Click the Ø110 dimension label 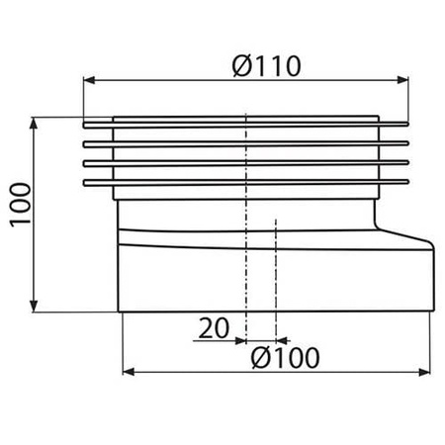(x=266, y=66)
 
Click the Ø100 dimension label (x=285, y=358)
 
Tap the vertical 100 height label (x=21, y=205)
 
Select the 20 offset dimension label (x=214, y=328)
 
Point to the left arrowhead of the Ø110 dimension (x=89, y=80)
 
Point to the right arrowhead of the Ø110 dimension (x=402, y=80)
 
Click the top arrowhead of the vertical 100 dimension (x=34, y=124)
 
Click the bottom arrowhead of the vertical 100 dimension (x=34, y=306)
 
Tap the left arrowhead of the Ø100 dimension (x=129, y=372)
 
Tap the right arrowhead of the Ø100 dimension (x=424, y=372)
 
